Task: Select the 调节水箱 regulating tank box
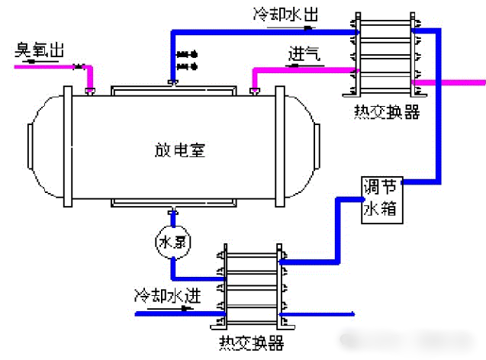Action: (381, 199)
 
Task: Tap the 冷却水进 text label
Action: (167, 294)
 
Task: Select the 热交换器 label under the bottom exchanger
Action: (251, 342)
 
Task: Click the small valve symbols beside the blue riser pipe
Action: (186, 60)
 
